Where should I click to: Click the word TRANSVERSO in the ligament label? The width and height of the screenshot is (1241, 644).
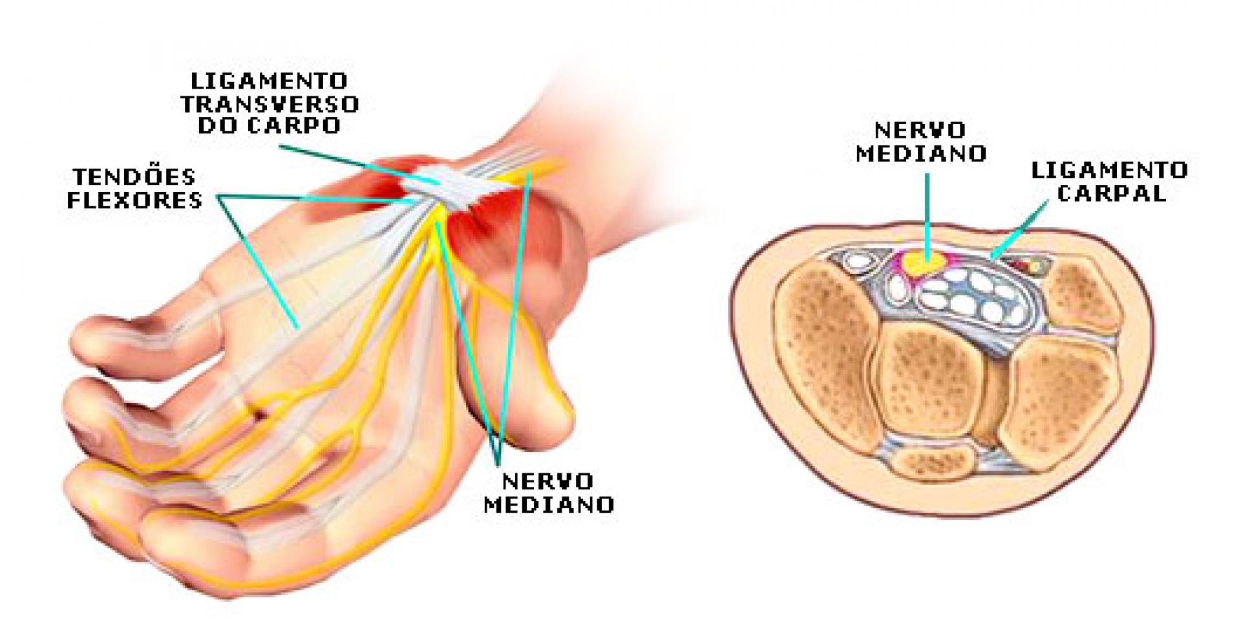point(270,103)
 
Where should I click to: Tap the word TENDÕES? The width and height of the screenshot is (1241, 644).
point(134,177)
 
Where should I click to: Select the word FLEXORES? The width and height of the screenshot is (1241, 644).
point(134,200)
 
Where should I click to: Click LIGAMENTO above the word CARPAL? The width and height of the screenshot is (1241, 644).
point(1109,170)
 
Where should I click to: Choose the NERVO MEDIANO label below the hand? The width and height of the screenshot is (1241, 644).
point(548,493)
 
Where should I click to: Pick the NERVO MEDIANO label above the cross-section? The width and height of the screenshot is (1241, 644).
point(921,142)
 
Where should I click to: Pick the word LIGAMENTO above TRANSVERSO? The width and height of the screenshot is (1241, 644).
point(270,81)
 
